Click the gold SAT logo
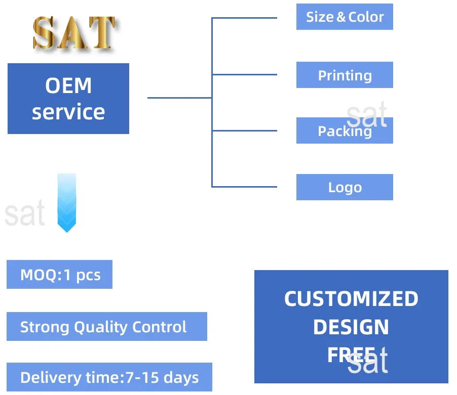(x=74, y=33)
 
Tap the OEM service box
(x=68, y=99)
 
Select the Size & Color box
(x=345, y=17)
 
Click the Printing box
(x=345, y=75)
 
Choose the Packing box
(x=345, y=131)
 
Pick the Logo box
(x=345, y=187)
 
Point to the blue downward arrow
(x=66, y=202)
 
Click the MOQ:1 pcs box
(x=59, y=275)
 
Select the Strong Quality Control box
(x=106, y=327)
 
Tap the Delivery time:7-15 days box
(x=109, y=377)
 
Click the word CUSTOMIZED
(x=351, y=299)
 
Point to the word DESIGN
(x=351, y=327)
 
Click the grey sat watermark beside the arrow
(x=24, y=214)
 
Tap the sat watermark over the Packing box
(x=367, y=115)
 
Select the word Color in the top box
(x=366, y=17)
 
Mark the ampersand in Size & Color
(x=341, y=17)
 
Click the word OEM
(x=68, y=85)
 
